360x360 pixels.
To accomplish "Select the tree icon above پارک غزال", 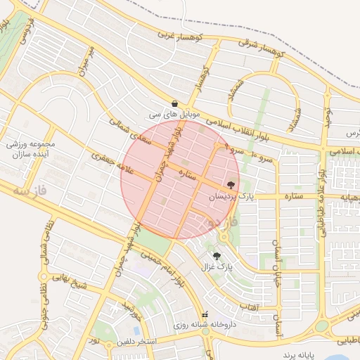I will (x=216, y=256).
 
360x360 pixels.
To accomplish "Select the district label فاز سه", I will (x=32, y=191).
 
